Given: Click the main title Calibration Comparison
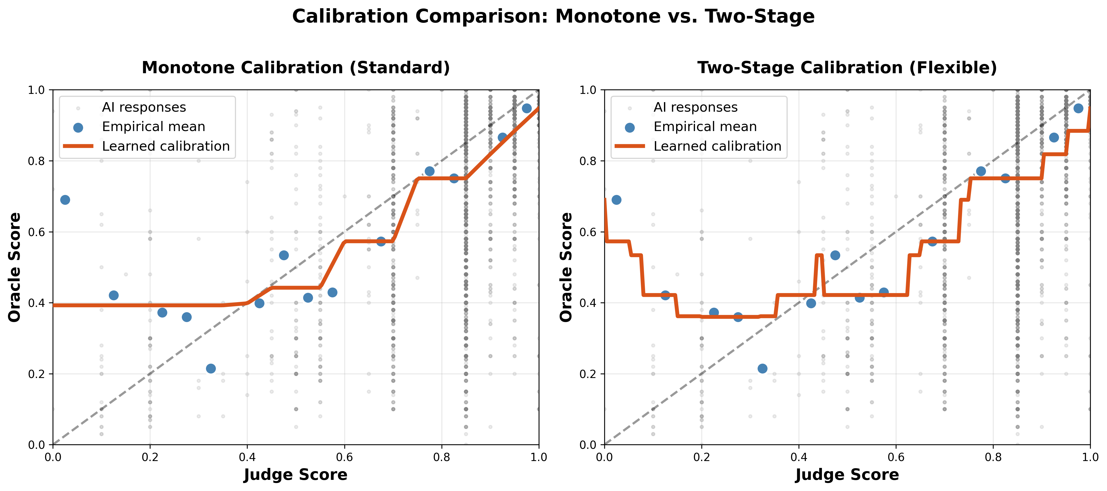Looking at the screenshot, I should tap(553, 17).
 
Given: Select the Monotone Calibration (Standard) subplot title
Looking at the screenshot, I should tap(296, 68).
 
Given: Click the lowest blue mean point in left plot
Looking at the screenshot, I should tap(211, 368).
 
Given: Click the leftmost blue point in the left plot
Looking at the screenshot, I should tap(65, 200).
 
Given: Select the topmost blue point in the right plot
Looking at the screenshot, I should tap(1078, 108).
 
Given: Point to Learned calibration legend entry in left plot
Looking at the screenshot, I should tap(165, 146).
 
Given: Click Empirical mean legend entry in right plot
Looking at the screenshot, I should tap(705, 127).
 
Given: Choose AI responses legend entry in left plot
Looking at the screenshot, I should tap(144, 107).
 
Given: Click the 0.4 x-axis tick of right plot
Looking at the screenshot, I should tap(799, 457).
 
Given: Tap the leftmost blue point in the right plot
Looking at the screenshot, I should tap(616, 200).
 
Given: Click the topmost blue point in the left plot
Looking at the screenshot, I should tap(526, 108).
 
